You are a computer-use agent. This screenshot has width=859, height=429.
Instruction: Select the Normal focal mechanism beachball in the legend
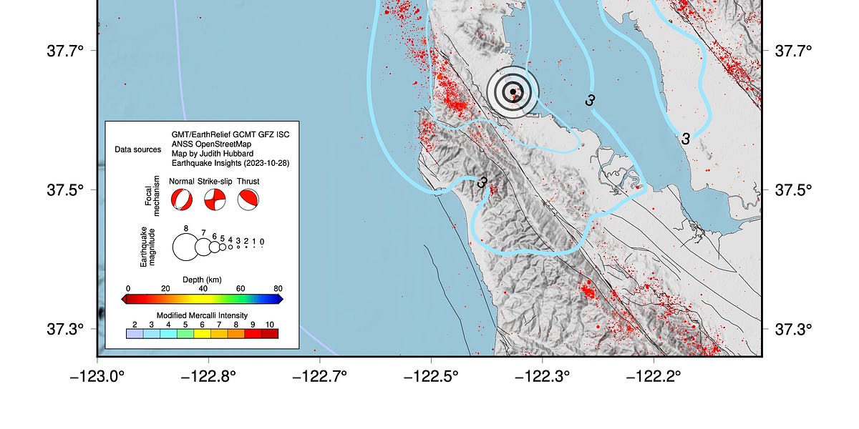click(x=182, y=199)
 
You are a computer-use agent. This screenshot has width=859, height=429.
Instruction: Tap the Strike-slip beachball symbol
click(x=215, y=199)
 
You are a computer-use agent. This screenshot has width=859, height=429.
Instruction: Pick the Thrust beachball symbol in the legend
click(x=248, y=199)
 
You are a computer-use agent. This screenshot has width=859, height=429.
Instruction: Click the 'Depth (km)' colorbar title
click(x=204, y=279)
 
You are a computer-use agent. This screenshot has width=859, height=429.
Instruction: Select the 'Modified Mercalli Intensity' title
click(x=202, y=315)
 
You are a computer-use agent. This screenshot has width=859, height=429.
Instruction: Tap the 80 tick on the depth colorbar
click(x=278, y=289)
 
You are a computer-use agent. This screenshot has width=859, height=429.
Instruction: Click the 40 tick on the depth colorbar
click(x=203, y=289)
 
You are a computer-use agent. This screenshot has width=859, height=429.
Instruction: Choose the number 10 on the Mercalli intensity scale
click(x=269, y=325)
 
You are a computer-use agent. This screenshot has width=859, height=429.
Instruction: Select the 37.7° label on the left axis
click(x=66, y=51)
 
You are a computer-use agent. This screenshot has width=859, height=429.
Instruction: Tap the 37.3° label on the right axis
click(x=793, y=329)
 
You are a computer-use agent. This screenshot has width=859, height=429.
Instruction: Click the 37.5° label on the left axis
click(x=66, y=190)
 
